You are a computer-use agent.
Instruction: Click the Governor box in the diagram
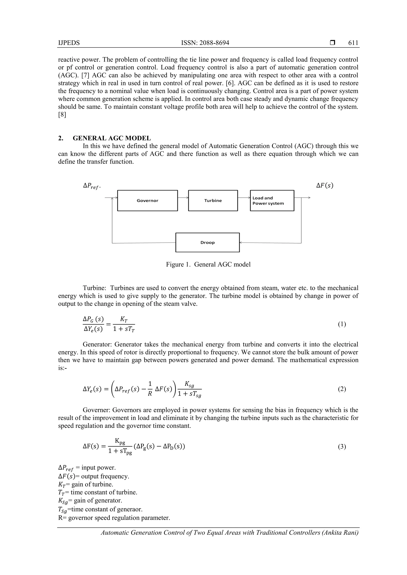pos(147,201)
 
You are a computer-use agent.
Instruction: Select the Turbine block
pos(213,201)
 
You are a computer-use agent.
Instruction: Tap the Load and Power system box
pos(272,201)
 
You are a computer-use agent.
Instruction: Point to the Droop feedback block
pos(207,242)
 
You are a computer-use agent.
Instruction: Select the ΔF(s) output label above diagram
pos(325,186)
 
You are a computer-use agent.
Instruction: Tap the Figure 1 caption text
pos(208,264)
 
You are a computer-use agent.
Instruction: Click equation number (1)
pos(342,324)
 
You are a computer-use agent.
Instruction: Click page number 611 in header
pos(353,43)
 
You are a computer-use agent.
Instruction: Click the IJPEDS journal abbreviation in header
pos(69,43)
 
